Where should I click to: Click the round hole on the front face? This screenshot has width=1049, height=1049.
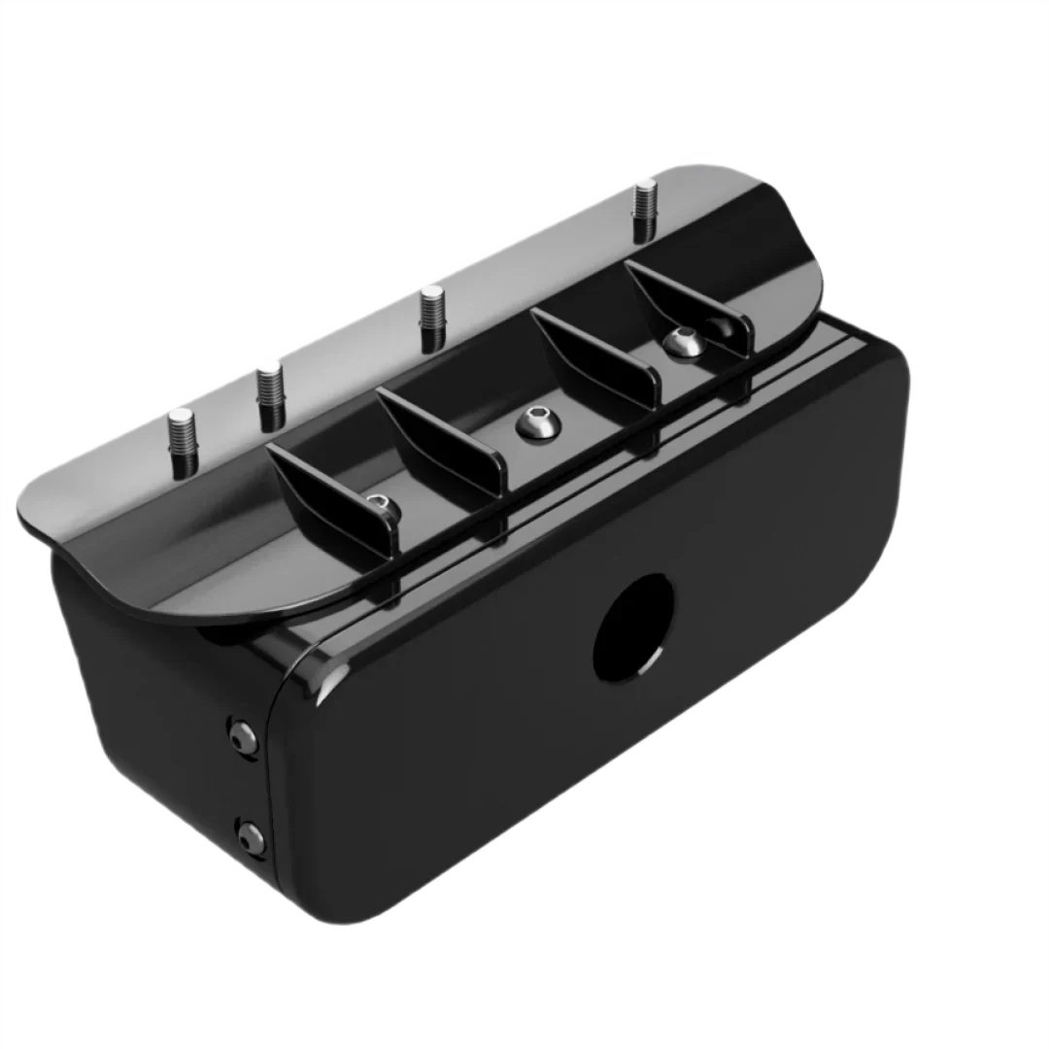(x=632, y=626)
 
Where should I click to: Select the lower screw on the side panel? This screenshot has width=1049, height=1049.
(x=252, y=837)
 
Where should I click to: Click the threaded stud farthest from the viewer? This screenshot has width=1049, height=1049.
(x=644, y=212)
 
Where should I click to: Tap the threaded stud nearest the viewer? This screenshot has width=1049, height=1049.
(x=182, y=443)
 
